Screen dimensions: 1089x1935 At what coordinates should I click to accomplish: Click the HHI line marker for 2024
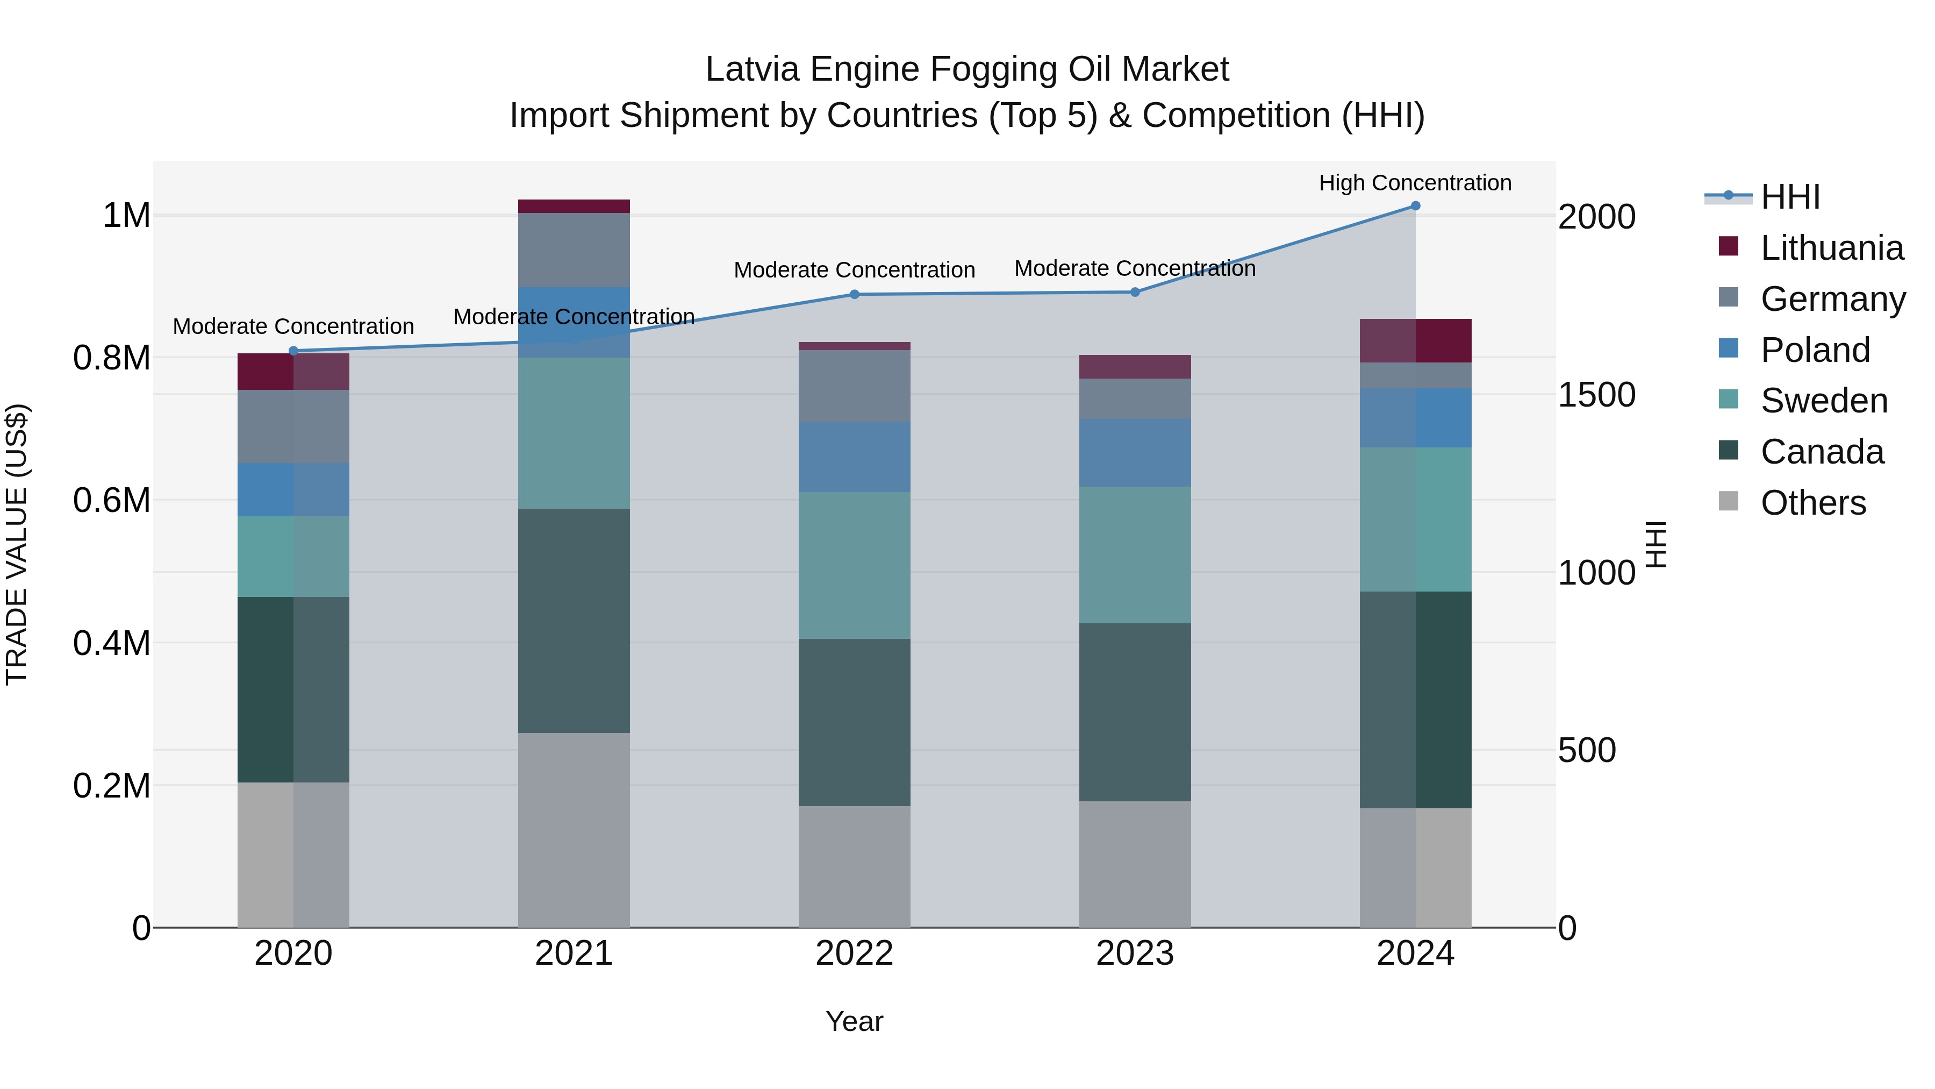(x=1415, y=206)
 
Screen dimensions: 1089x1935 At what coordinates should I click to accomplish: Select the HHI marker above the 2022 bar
(x=854, y=295)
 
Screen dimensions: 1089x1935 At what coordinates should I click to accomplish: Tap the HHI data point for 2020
(x=293, y=351)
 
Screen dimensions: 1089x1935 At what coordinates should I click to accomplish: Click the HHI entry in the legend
(x=1790, y=197)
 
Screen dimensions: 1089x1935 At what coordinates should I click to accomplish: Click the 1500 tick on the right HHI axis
(x=1596, y=395)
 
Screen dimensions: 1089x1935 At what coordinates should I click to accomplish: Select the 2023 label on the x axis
(x=1134, y=953)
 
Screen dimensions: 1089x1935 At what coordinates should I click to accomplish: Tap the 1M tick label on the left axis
(x=126, y=216)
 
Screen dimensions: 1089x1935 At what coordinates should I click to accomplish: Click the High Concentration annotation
(x=1415, y=183)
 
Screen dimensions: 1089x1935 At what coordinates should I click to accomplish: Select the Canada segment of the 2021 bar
(x=574, y=621)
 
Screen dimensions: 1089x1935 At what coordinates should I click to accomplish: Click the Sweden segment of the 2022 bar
(x=854, y=565)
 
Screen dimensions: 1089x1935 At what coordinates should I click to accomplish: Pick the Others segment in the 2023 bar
(x=1134, y=864)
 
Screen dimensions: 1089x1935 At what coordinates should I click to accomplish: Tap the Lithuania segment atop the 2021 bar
(x=574, y=207)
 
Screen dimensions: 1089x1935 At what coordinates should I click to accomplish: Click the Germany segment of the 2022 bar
(x=854, y=386)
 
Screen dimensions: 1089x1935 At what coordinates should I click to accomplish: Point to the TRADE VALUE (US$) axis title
(x=17, y=545)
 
